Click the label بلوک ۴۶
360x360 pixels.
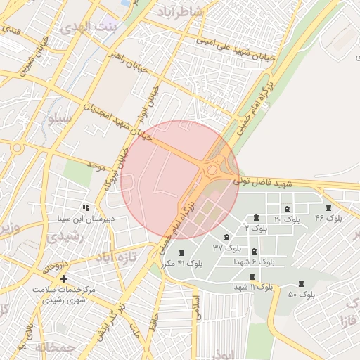pos(329,218)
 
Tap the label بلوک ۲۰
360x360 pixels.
pos(287,220)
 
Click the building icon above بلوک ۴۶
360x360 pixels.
pos(328,207)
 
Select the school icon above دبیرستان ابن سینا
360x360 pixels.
pos(86,207)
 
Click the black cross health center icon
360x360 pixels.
pos(64,279)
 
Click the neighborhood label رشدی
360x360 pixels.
pos(67,238)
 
